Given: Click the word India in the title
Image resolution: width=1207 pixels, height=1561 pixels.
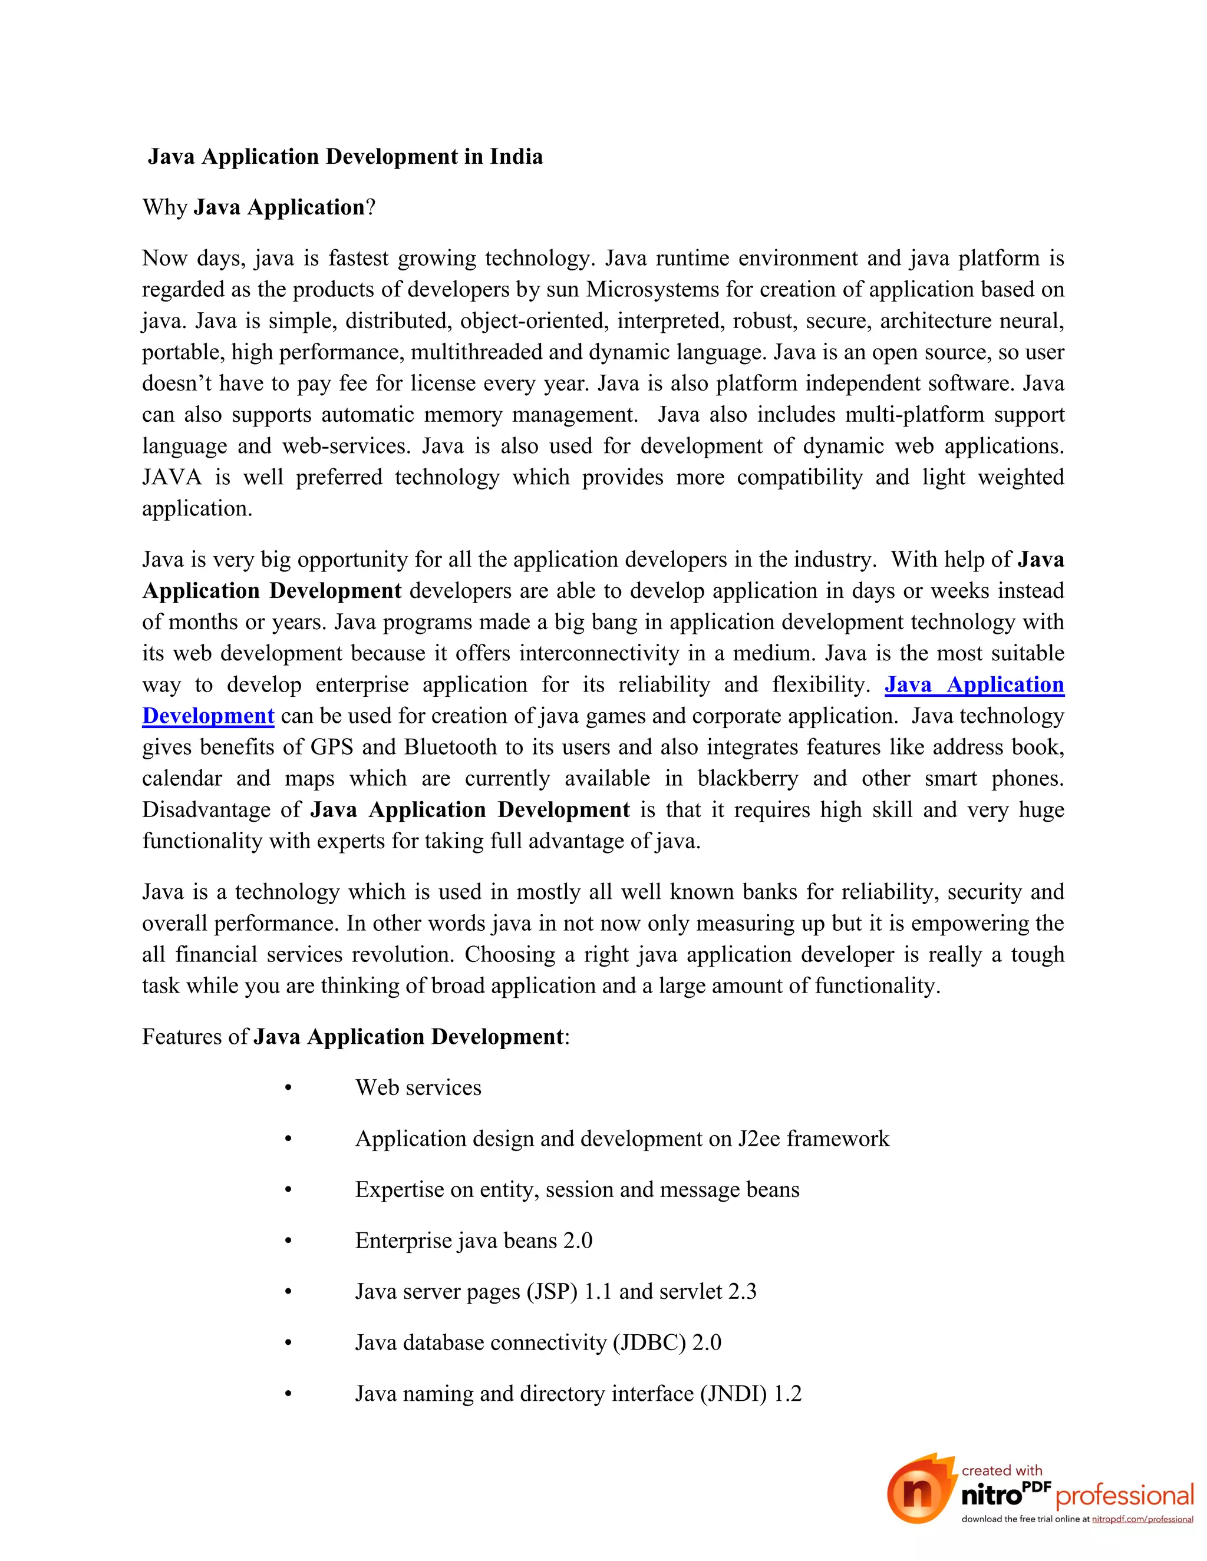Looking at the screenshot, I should coord(516,157).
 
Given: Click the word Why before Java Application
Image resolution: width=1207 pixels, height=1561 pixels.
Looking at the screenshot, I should coord(164,207).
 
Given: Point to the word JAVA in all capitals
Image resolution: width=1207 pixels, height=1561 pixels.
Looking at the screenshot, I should coord(172,478).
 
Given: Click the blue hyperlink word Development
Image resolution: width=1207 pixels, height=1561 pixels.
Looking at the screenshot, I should coord(208,716).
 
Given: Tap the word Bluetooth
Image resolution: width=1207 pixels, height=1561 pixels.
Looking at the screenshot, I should coord(450,748).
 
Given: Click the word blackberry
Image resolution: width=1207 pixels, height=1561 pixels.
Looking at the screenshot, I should coord(747,778).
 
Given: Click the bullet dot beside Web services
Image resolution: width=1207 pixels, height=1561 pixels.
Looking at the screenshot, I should coord(288,1089).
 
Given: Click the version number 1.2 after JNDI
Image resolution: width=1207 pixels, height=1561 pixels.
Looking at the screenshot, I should coord(787,1394).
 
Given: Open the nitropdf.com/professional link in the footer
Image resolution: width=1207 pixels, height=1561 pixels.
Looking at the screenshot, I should coord(1142,1520).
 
